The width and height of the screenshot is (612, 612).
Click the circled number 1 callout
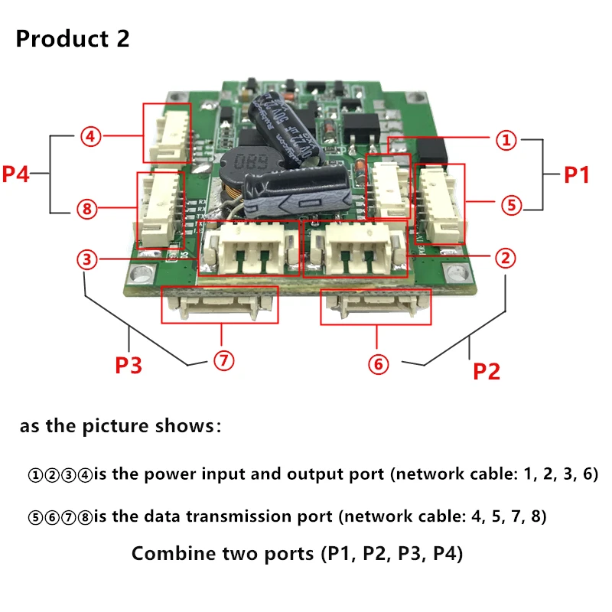tap(506, 140)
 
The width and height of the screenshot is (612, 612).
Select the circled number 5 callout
tap(511, 204)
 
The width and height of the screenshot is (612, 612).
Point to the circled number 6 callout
tap(378, 364)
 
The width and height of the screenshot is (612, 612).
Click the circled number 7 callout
tap(223, 362)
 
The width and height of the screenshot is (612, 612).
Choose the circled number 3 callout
tap(88, 260)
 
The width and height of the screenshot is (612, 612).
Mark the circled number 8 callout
tap(88, 208)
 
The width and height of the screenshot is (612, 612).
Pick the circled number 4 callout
tap(90, 137)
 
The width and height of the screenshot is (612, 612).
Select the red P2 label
tap(486, 371)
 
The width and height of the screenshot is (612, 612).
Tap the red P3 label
tap(129, 366)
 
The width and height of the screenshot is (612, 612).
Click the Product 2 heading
tap(73, 39)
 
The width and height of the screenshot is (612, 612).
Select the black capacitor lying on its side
tap(302, 193)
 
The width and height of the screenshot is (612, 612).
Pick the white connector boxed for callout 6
tap(377, 308)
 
